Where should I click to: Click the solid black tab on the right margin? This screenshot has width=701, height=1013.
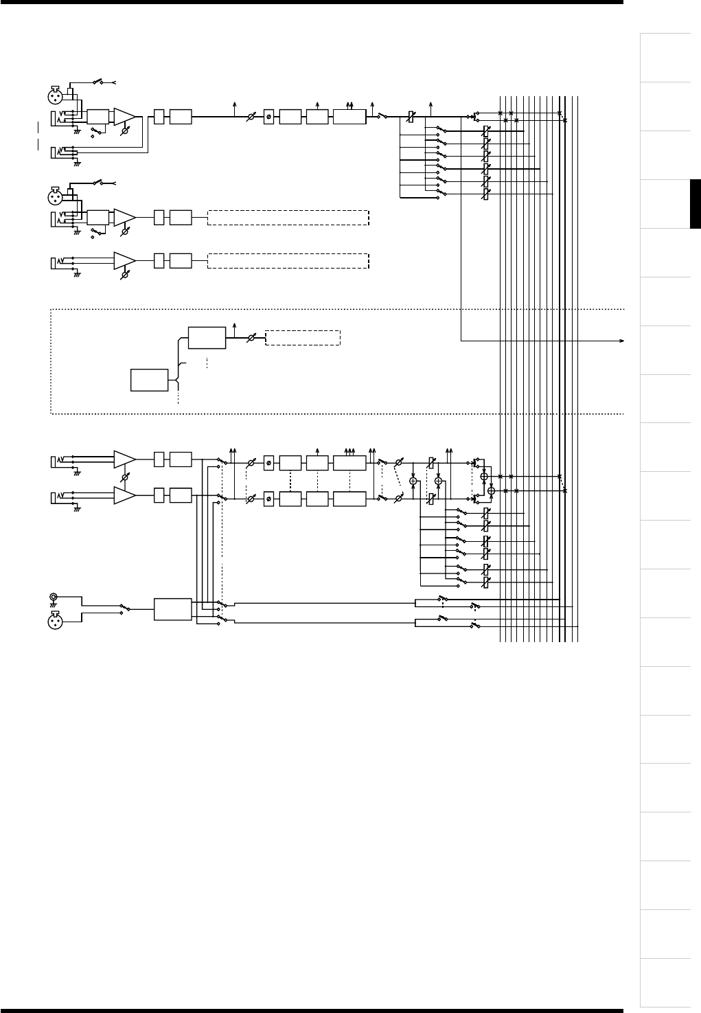click(695, 203)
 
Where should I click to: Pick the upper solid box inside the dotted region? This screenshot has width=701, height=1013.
click(207, 338)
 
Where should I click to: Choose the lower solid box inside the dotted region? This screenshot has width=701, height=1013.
click(150, 380)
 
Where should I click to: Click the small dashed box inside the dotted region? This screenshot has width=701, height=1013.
click(302, 338)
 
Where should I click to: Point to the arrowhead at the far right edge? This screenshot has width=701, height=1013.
click(622, 340)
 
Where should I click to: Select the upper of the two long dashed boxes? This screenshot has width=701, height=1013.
click(288, 218)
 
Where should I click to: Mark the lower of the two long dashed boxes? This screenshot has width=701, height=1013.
click(288, 261)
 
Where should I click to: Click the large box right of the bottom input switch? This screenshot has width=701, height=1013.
click(173, 609)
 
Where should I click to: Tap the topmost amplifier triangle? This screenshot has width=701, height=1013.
click(125, 116)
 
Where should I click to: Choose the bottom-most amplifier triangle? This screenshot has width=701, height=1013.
click(125, 494)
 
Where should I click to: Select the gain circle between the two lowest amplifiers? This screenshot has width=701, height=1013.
click(125, 477)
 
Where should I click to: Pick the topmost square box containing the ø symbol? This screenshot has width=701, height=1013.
click(268, 117)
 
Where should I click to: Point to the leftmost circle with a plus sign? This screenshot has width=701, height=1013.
click(413, 481)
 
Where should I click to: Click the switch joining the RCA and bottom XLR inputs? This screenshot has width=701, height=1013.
click(125, 608)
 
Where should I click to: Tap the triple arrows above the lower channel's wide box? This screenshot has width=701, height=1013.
click(349, 450)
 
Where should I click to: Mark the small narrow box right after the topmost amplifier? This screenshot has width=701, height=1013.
click(159, 116)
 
